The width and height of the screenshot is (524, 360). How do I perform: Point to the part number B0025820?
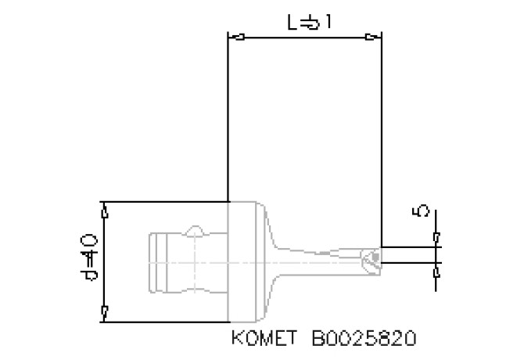pos(364,339)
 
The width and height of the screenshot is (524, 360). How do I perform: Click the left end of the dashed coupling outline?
pos(149,261)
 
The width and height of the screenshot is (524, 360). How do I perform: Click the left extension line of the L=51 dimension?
pos(227,117)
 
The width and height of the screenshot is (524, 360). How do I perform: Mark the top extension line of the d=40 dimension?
pos(164,202)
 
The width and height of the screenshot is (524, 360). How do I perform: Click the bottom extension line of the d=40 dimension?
pos(164,322)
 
